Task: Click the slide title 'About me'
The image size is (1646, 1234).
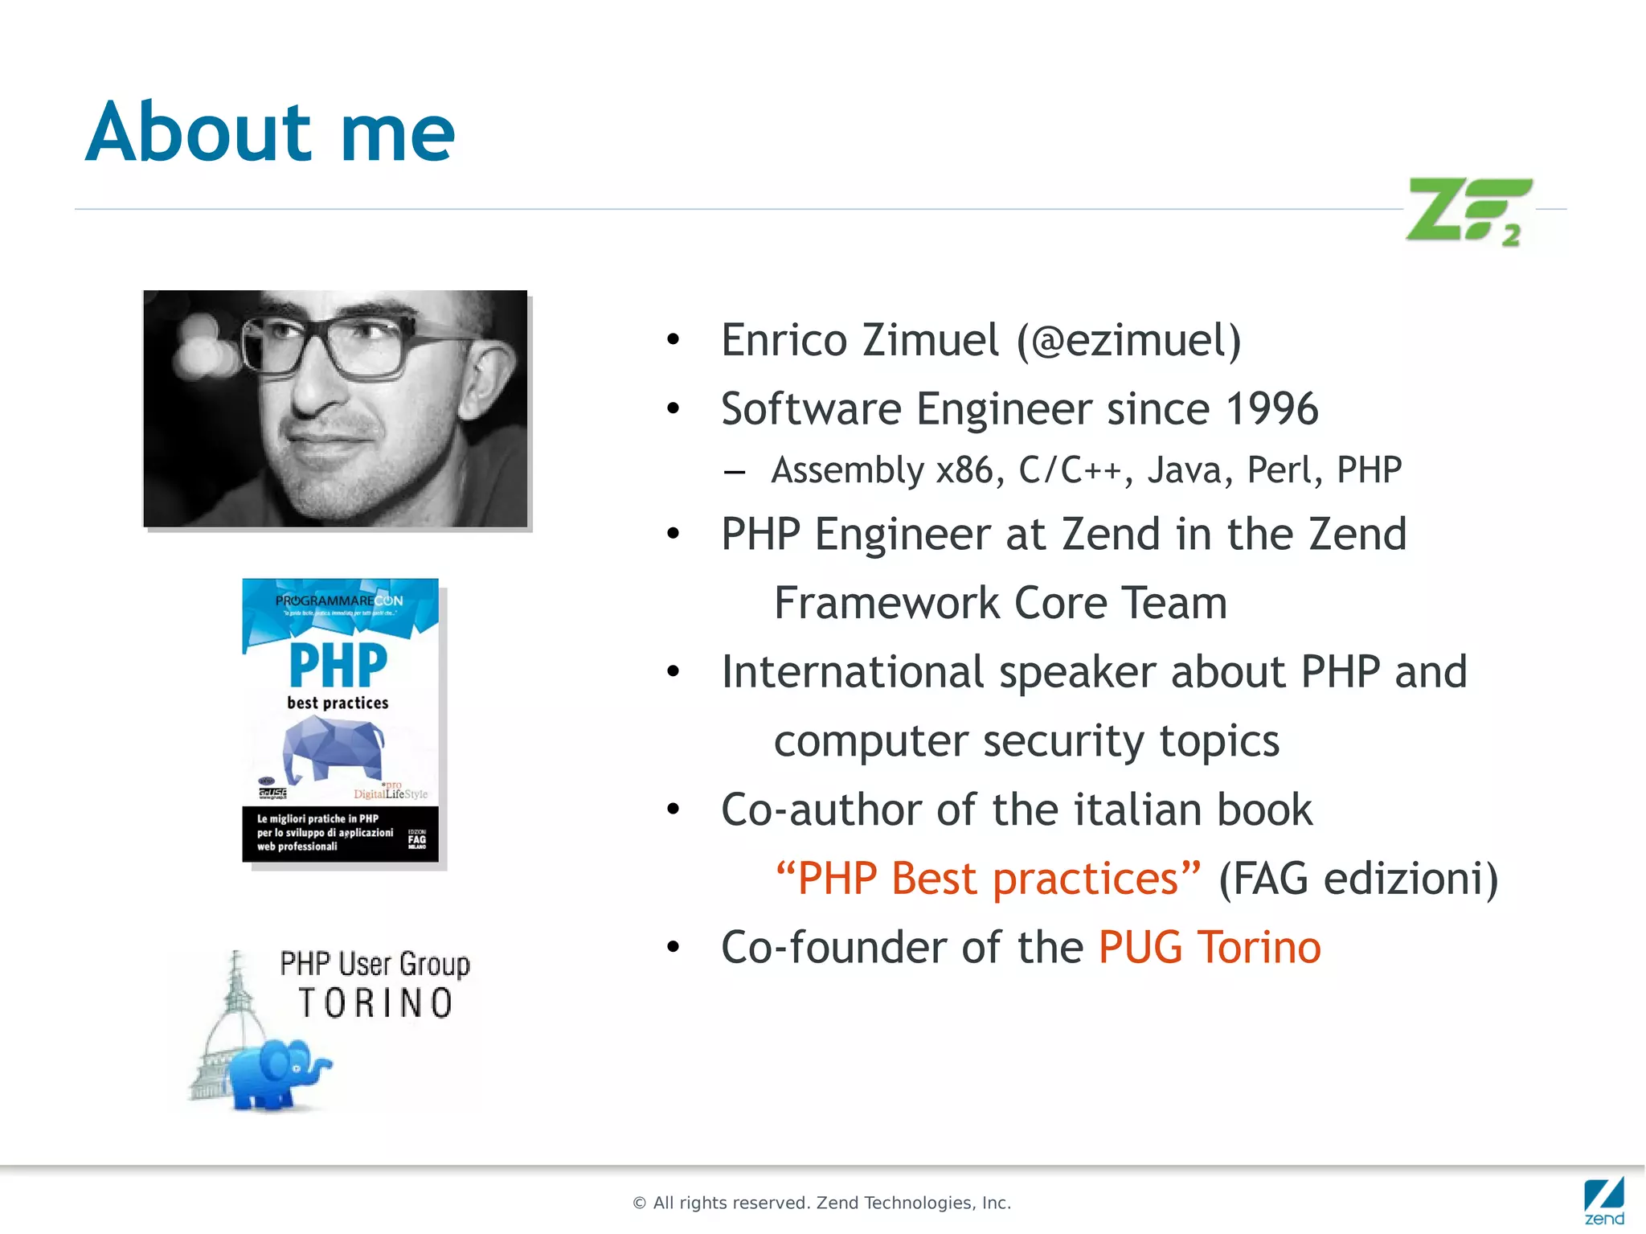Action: pos(270,132)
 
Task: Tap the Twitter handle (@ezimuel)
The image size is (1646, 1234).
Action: pos(1129,340)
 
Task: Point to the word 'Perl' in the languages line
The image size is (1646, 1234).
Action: pos(1284,470)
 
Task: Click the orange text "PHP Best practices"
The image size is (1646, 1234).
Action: pos(988,878)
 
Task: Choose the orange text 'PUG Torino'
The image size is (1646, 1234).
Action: pos(1210,947)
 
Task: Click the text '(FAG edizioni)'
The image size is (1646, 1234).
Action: pos(1358,878)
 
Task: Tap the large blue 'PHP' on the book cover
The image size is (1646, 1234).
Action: pos(338,665)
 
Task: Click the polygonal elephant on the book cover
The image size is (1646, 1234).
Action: pos(333,748)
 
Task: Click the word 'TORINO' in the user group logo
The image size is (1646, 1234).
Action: pos(375,1003)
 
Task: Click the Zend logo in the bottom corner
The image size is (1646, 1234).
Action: pos(1603,1201)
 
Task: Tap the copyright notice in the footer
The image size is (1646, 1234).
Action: pos(821,1203)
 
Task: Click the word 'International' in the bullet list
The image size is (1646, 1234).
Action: pos(853,672)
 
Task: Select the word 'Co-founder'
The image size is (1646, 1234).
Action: pos(833,947)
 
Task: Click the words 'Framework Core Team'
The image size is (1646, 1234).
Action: pos(1000,603)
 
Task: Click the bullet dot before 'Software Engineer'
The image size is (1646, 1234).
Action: pos(674,409)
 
